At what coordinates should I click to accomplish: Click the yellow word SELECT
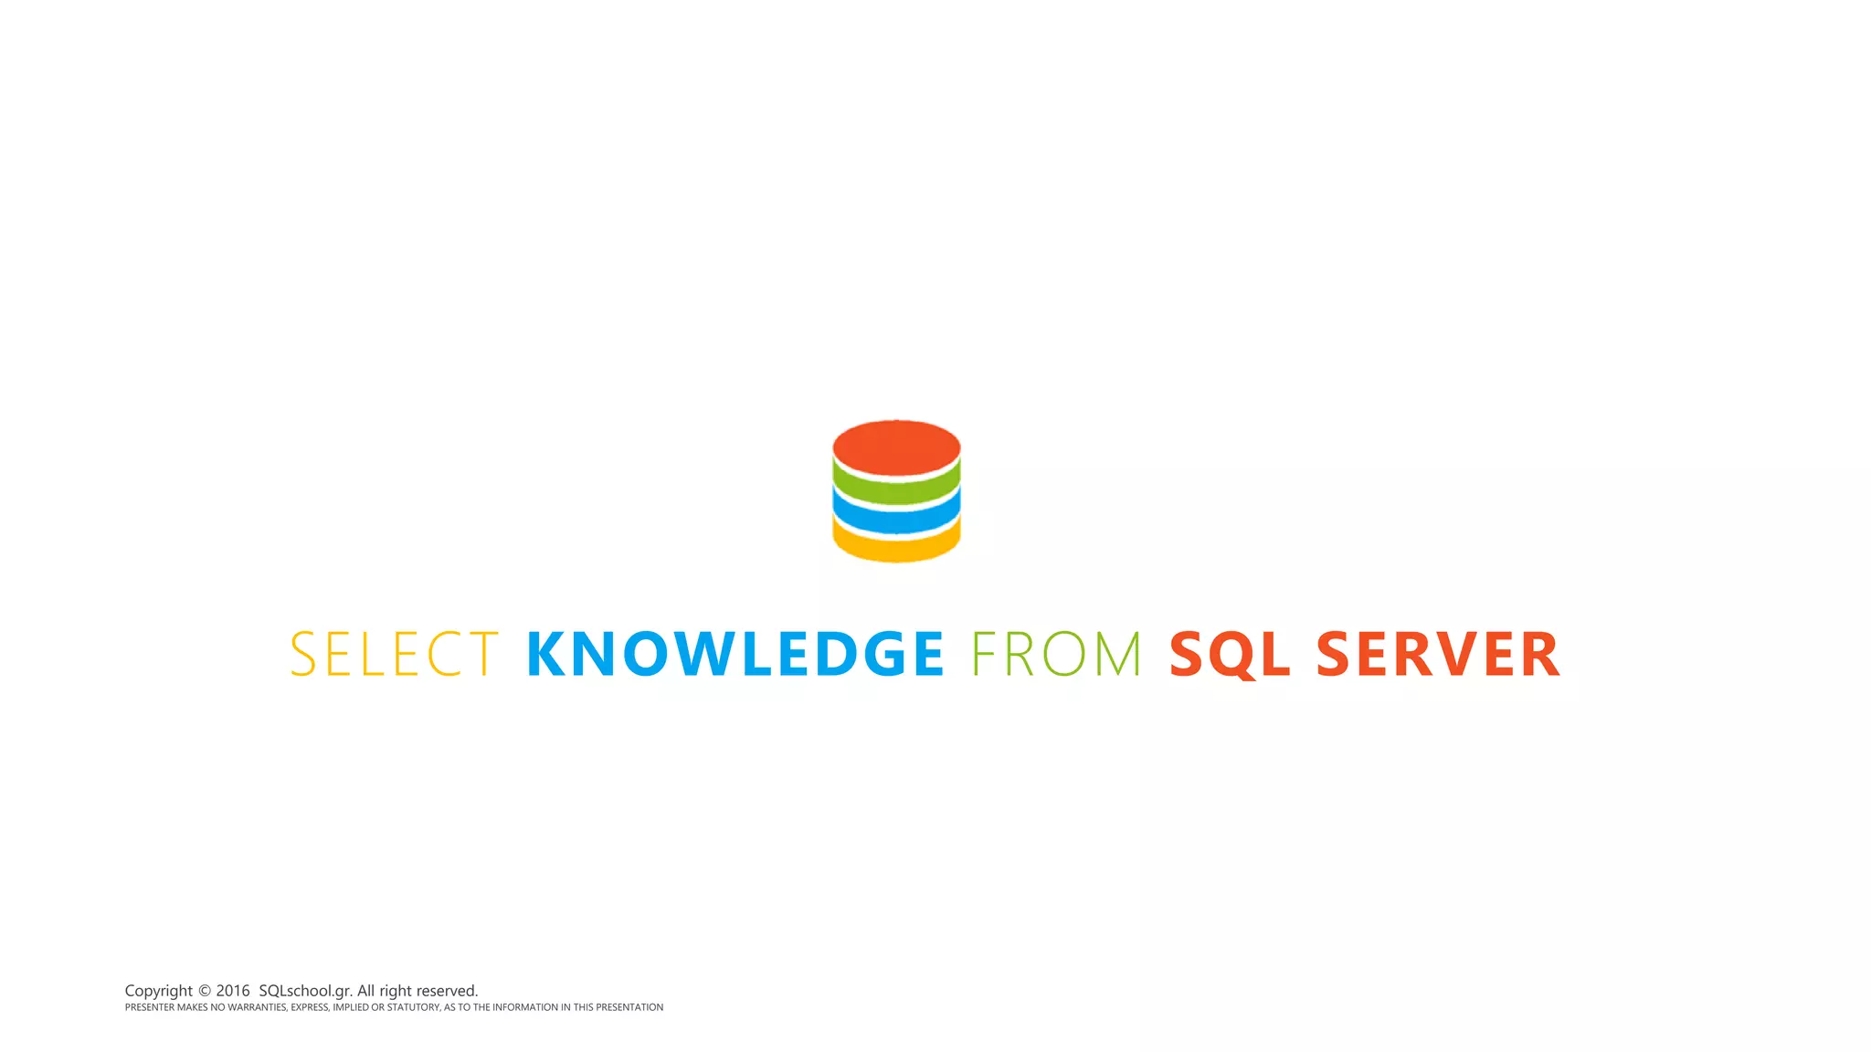click(395, 654)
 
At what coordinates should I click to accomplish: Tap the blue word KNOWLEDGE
click(735, 654)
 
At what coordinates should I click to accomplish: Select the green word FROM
click(1056, 654)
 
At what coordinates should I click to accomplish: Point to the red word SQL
click(1230, 654)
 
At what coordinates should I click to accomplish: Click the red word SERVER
click(1438, 654)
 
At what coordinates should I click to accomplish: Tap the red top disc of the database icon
click(896, 446)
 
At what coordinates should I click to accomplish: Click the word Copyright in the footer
click(159, 991)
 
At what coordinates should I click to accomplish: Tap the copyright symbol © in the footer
click(205, 991)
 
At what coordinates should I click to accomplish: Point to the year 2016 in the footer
click(233, 991)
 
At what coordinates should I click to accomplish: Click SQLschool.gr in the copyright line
click(305, 991)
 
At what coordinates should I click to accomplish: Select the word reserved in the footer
click(447, 991)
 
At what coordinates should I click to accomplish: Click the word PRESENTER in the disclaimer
click(150, 1007)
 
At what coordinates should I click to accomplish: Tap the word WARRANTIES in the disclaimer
click(257, 1007)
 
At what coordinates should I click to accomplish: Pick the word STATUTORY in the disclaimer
click(413, 1007)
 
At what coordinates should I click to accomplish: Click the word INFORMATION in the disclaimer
click(525, 1007)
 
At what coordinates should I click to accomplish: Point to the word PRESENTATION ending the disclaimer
click(629, 1007)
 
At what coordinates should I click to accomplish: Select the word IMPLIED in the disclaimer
click(350, 1007)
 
